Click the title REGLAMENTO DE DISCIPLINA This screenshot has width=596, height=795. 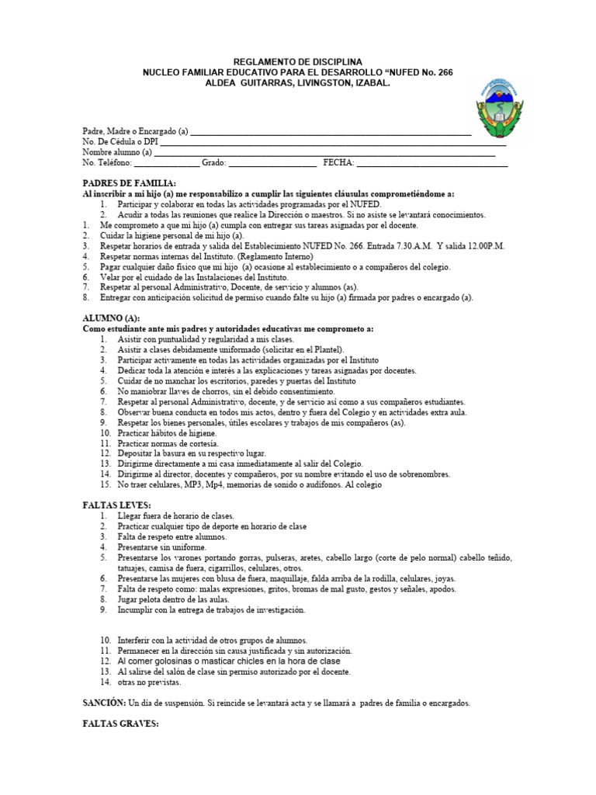(x=298, y=61)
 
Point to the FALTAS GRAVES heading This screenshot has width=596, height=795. (x=121, y=724)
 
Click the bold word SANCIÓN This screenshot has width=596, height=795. (x=105, y=703)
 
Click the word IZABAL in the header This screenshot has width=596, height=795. (x=368, y=83)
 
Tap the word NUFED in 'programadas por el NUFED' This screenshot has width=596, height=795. (x=314, y=203)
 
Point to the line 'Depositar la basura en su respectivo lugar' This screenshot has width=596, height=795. (x=192, y=453)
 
